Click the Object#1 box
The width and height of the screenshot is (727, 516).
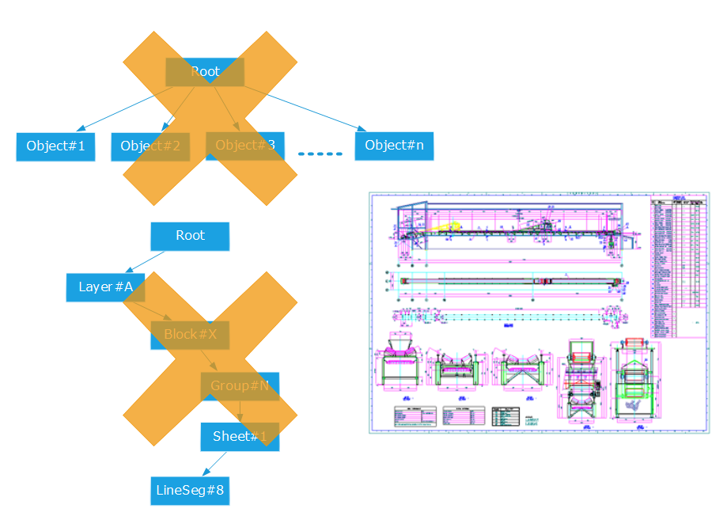[55, 146]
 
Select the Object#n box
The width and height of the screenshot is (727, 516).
[394, 146]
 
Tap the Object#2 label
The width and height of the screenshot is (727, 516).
[150, 146]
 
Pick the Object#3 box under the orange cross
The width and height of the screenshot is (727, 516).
[244, 145]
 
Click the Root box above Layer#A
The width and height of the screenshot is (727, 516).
[190, 236]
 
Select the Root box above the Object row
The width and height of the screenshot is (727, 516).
[205, 72]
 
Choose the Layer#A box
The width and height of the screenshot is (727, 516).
[105, 286]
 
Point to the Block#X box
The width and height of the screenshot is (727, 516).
[190, 334]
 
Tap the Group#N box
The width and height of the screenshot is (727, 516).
[240, 385]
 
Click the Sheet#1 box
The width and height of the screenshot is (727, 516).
[240, 436]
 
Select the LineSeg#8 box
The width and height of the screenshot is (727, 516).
[190, 491]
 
